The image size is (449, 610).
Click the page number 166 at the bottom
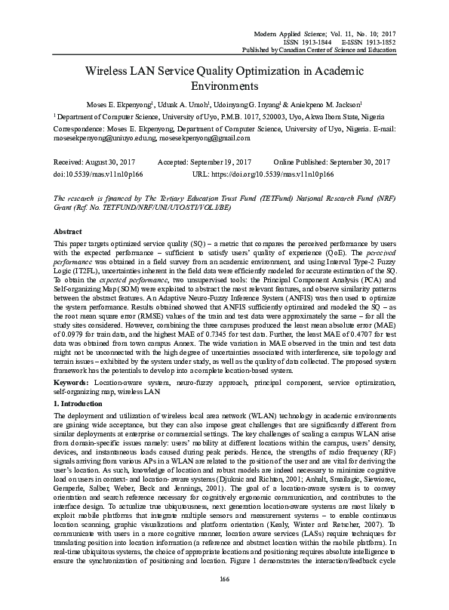click(224, 579)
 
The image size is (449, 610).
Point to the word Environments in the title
click(224, 86)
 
